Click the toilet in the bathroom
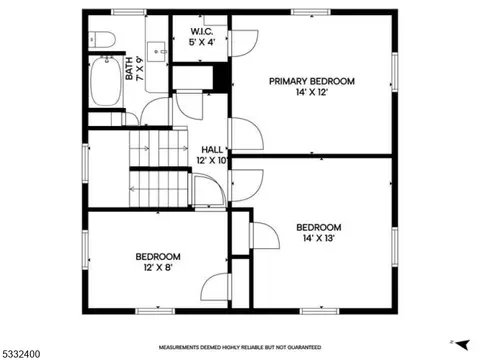(102, 39)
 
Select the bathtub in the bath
(106, 81)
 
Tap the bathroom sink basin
(156, 52)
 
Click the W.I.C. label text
(202, 32)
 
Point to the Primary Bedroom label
(312, 81)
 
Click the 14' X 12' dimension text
(312, 92)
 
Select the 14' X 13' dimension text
(319, 238)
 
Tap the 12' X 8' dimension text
(158, 267)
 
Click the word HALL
(212, 150)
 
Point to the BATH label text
(129, 68)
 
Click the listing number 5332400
(21, 354)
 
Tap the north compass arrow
(461, 345)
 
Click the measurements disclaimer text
(240, 347)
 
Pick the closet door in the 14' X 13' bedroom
(265, 235)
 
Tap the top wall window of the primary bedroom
(311, 12)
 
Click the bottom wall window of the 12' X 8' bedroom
(155, 311)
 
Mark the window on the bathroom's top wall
(129, 12)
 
